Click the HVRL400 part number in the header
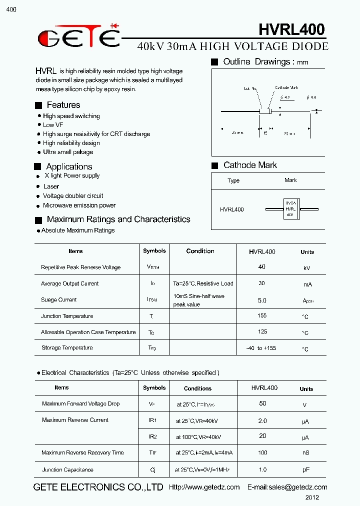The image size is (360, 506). pos(291,30)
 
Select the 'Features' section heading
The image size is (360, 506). pos(63,105)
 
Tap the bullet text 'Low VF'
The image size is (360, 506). pos(53,125)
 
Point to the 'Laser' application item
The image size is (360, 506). pos(51,186)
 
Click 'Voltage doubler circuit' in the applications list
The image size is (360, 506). pos(73,196)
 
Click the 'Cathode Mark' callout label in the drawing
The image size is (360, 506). pos(286,88)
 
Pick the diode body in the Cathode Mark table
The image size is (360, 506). pos(290,208)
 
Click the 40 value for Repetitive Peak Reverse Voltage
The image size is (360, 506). pos(262,267)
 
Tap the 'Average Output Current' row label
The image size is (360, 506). pos(70,284)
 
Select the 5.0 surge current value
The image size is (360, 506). pos(262,300)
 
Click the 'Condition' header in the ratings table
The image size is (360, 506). pos(200,251)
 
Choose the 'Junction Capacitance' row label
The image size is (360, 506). pos(67,470)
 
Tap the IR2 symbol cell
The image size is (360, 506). pos(152,436)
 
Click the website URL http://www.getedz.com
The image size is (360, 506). pos(204,487)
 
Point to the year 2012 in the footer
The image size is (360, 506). pos(312,497)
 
